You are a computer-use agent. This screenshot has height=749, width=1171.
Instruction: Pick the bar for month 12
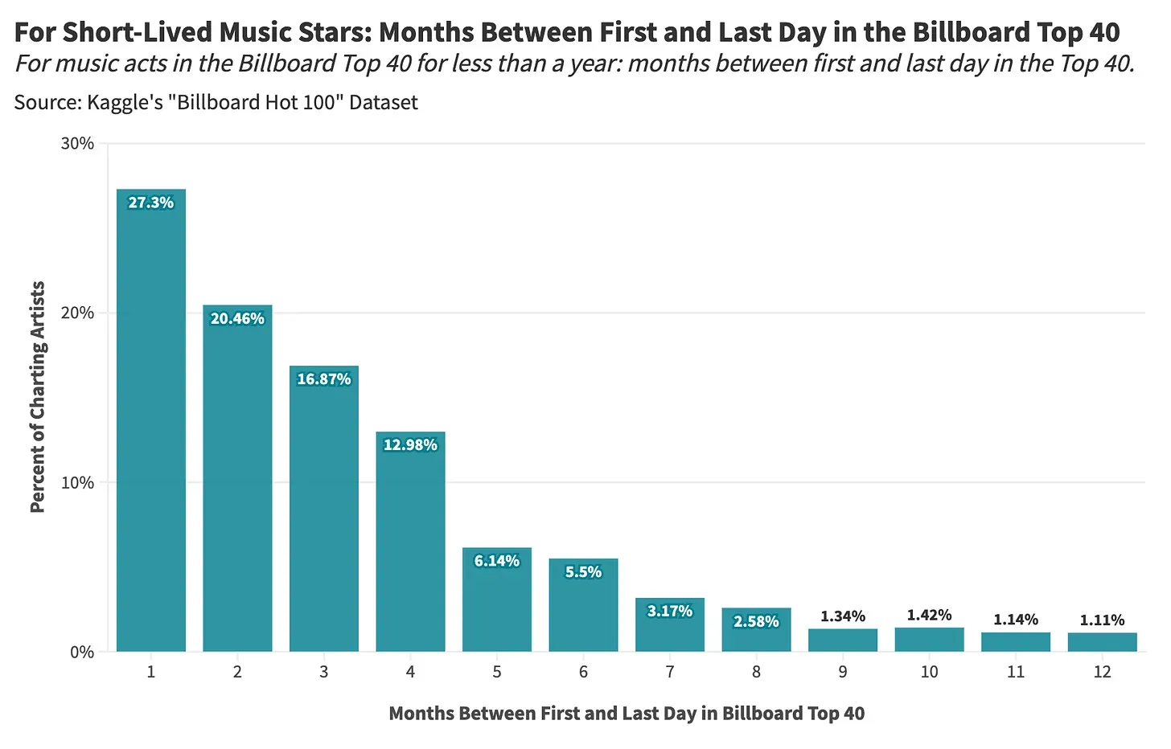point(1102,642)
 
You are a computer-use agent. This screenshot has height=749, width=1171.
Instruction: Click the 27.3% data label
point(151,203)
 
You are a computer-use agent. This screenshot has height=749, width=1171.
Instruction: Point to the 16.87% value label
point(324,379)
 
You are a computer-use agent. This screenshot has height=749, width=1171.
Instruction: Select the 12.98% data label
point(410,445)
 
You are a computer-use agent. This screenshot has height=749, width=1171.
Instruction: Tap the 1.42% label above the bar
point(929,616)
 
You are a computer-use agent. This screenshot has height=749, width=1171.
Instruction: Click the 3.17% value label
point(670,612)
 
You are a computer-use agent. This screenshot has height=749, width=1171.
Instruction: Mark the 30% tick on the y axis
point(77,144)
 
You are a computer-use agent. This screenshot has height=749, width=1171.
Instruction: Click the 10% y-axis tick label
point(77,483)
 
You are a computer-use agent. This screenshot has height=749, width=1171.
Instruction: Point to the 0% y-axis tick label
point(82,653)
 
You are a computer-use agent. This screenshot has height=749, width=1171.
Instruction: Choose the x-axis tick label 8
point(756,672)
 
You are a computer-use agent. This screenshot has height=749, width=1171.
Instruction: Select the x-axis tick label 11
point(1016,672)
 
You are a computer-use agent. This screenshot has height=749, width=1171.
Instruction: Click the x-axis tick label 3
point(324,672)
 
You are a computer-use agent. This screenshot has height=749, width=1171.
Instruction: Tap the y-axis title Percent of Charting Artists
point(37,397)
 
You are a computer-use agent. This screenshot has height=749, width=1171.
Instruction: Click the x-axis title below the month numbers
point(627,714)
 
